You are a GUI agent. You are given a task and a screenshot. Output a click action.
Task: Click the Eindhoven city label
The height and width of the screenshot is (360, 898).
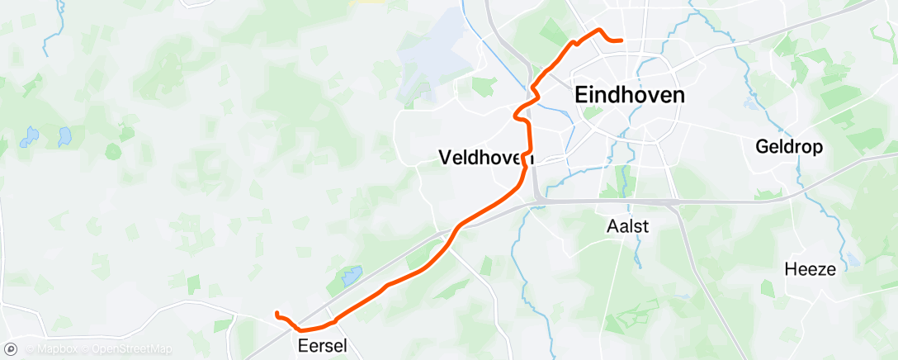pos(629,96)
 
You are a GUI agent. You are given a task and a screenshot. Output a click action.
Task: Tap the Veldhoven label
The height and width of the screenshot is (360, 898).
pos(486,157)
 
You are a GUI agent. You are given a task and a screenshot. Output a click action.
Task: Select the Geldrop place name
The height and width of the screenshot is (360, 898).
pos(789,147)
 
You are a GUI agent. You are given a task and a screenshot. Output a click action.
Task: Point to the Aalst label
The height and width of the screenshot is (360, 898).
pos(627,225)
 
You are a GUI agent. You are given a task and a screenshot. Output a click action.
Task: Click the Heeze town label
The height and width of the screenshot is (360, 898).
pos(810,269)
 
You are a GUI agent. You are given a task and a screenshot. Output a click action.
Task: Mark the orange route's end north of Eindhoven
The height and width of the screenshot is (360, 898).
pos(622,40)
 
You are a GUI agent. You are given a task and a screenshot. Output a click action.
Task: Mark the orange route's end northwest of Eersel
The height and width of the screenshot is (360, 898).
pos(276,312)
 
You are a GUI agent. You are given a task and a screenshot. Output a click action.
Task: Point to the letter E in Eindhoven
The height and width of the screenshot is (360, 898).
pos(580,96)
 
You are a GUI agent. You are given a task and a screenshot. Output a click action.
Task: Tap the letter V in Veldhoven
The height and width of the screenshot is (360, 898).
pos(446,157)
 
